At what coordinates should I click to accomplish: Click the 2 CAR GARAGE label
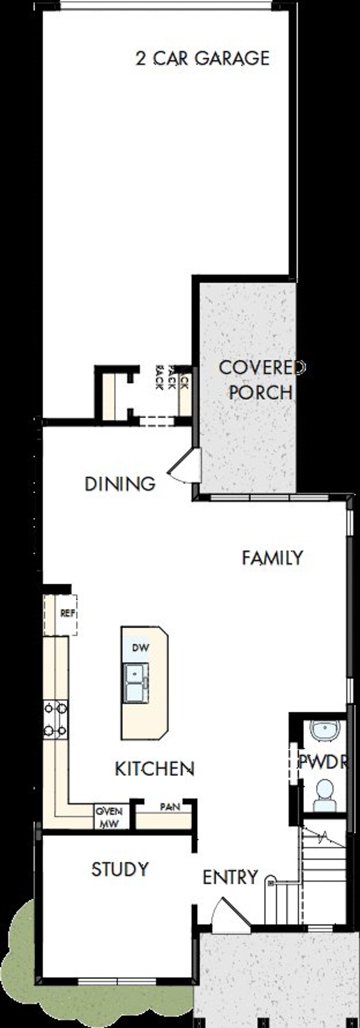tap(202, 58)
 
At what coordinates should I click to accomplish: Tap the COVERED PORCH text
tap(261, 380)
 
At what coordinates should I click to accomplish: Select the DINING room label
tap(120, 484)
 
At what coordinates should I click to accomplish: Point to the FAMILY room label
tap(273, 558)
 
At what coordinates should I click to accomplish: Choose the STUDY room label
tap(120, 870)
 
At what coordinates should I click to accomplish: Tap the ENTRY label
tap(230, 878)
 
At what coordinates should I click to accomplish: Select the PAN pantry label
tap(170, 807)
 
